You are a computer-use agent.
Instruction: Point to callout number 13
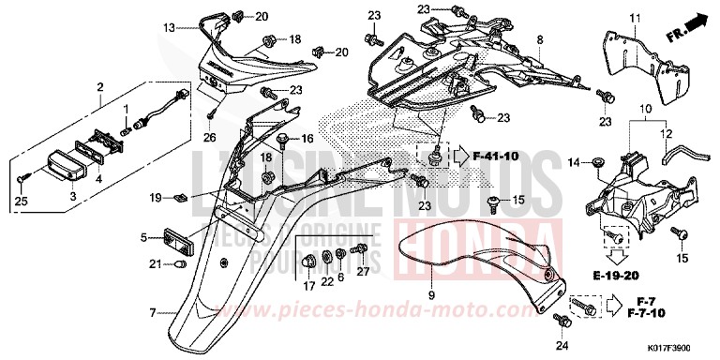(x=169, y=29)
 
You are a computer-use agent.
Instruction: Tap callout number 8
(x=540, y=40)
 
